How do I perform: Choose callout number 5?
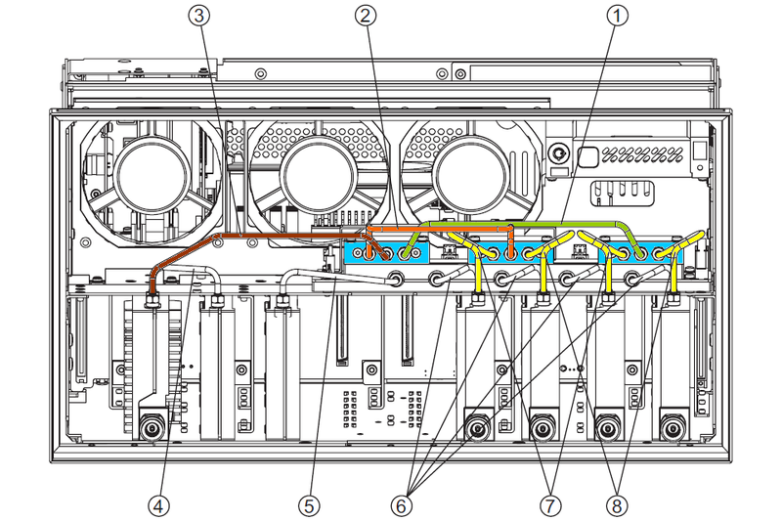point(308,505)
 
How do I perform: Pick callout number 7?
point(549,505)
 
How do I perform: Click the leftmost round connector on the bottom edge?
point(152,427)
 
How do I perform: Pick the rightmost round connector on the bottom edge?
point(671,427)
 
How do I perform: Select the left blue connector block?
point(386,253)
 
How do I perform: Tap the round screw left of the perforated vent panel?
point(557,154)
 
